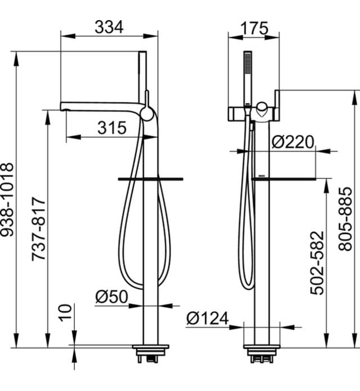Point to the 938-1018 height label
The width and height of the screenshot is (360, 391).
tap(7, 199)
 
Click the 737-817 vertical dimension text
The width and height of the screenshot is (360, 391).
tap(38, 228)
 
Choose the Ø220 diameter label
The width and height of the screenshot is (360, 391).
tap(292, 142)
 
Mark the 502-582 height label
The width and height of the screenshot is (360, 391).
tap(317, 263)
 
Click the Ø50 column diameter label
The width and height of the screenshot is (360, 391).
tap(111, 297)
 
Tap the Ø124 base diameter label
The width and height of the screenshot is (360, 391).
tap(207, 318)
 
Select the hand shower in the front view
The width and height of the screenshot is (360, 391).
tap(247, 75)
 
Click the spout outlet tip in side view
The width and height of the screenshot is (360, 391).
tap(64, 106)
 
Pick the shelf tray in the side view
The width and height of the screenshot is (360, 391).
tap(151, 179)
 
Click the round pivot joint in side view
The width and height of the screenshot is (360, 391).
tap(146, 114)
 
